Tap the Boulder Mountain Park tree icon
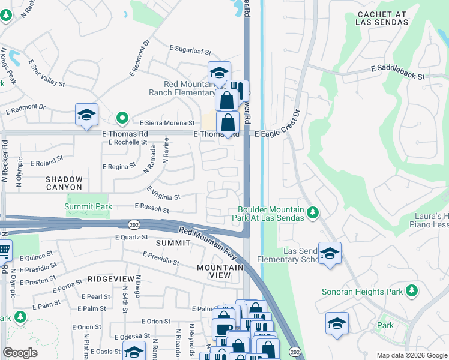tap(312, 212)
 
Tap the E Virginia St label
tap(163, 197)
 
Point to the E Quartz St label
tap(131, 237)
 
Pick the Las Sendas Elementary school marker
tap(330, 253)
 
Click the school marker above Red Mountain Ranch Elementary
tap(219, 73)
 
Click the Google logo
tap(20, 353)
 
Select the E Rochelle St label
tap(128, 142)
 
